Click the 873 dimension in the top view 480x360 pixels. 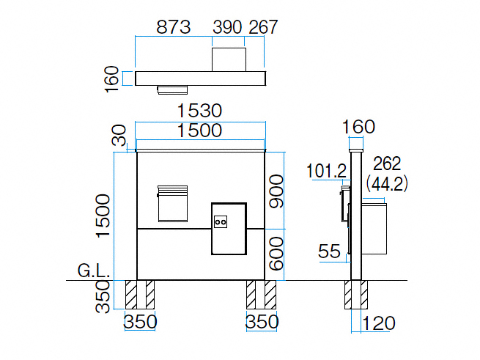pyautogui.click(x=174, y=27)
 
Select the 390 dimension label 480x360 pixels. pyautogui.click(x=227, y=27)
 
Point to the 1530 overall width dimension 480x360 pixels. pyautogui.click(x=200, y=111)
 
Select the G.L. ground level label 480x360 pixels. pyautogui.click(x=93, y=273)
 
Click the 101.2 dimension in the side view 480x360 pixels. pyautogui.click(x=326, y=172)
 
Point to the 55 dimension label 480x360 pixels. pyautogui.click(x=330, y=251)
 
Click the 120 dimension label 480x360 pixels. pyautogui.click(x=379, y=323)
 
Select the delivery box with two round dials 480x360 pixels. pyautogui.click(x=229, y=228)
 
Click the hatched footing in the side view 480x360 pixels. pyautogui.click(x=357, y=295)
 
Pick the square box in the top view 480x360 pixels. pyautogui.click(x=229, y=59)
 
